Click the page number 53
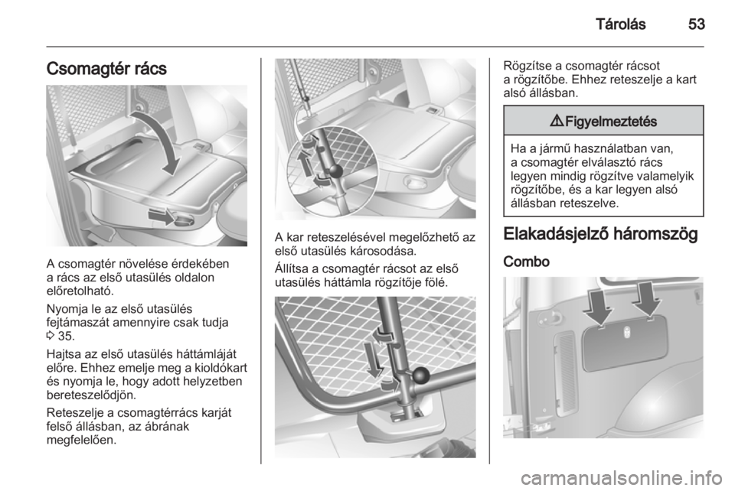pos(697,24)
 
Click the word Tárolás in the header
pos(621,24)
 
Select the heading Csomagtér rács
pos(106,68)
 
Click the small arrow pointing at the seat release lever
pos(162,216)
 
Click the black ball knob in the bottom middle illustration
pos(420,374)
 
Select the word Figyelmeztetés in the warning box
pos(611,122)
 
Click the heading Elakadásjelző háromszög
pos(600,234)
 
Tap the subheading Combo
pos(527,262)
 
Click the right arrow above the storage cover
pos(647,301)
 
